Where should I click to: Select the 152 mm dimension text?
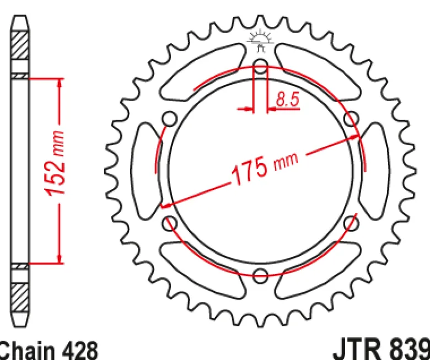pos(55,164)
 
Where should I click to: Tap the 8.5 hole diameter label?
pos(287,99)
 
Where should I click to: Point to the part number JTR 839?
pos(381,350)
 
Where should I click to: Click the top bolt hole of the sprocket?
pos(260,66)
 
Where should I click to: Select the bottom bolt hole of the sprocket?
pos(260,276)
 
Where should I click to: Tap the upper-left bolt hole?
pos(169,119)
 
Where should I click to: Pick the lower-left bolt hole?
pos(169,223)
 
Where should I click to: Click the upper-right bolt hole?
pos(351,119)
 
